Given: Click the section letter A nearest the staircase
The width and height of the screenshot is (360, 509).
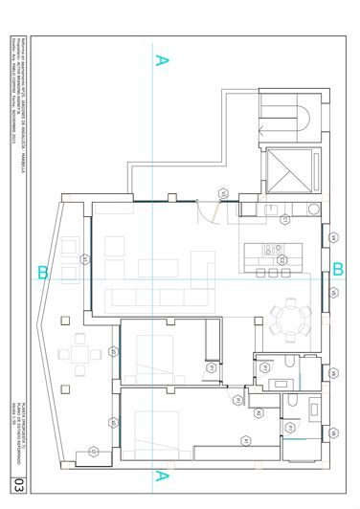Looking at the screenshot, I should (x=162, y=61).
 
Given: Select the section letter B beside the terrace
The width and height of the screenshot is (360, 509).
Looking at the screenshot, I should (x=42, y=274).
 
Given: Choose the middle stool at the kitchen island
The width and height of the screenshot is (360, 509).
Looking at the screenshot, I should (x=273, y=274).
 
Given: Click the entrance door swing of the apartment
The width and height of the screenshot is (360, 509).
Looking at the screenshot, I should (x=205, y=216).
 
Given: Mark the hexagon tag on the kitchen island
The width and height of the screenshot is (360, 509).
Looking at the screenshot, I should (x=280, y=259).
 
